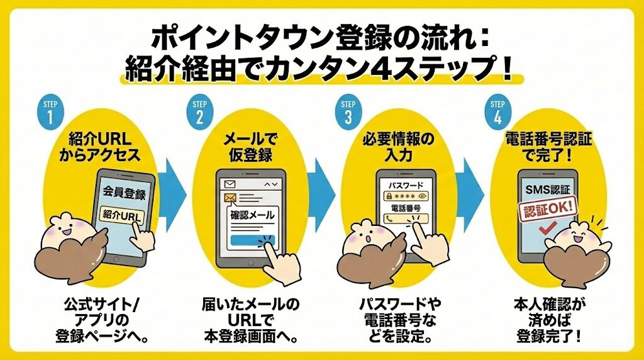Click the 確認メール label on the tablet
point(253,215)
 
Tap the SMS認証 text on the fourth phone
point(545,188)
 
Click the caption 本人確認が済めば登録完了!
point(543,320)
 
